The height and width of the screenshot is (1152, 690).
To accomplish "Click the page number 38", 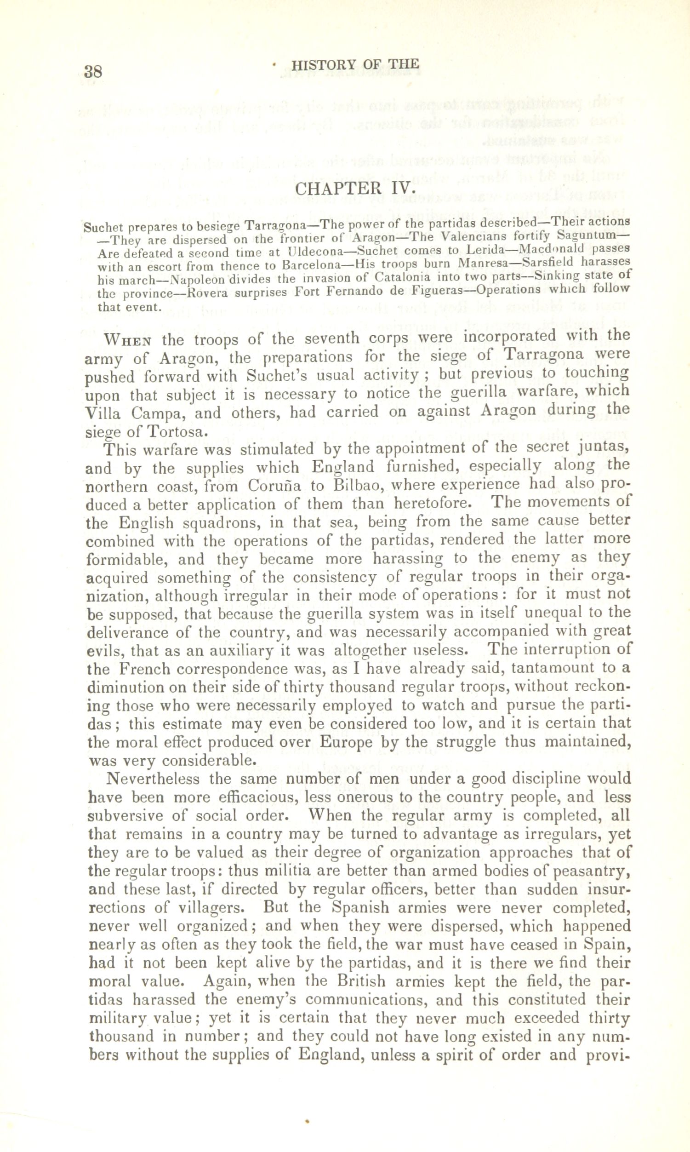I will (93, 72).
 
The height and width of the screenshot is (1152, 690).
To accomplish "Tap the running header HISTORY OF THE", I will (356, 65).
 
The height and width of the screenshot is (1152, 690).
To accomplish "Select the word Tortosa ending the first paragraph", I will (175, 431).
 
